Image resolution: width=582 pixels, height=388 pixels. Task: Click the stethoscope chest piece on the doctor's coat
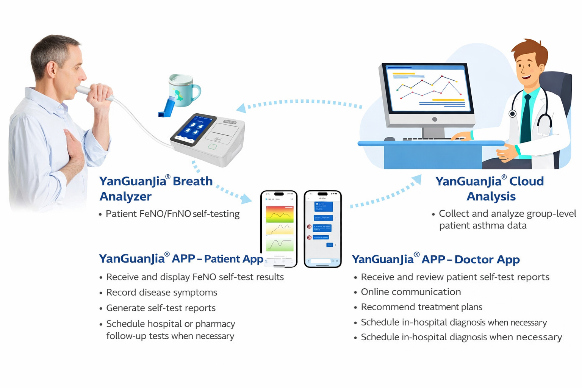(x=513, y=113)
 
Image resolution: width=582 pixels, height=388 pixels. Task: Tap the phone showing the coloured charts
(x=279, y=229)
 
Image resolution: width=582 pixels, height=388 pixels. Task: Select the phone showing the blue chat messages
(x=322, y=229)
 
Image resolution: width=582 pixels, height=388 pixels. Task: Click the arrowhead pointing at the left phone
(x=247, y=199)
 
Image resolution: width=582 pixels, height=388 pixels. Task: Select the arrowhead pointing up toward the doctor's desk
(x=417, y=179)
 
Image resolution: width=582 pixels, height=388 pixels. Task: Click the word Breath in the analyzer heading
(x=192, y=181)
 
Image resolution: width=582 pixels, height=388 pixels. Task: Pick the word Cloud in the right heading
(x=526, y=181)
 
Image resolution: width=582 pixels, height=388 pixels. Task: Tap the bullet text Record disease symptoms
(x=161, y=293)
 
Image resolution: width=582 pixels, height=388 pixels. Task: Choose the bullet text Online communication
(x=411, y=292)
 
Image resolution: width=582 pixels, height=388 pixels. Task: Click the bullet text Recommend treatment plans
(x=421, y=307)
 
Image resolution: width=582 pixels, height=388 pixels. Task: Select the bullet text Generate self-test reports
(x=161, y=308)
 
